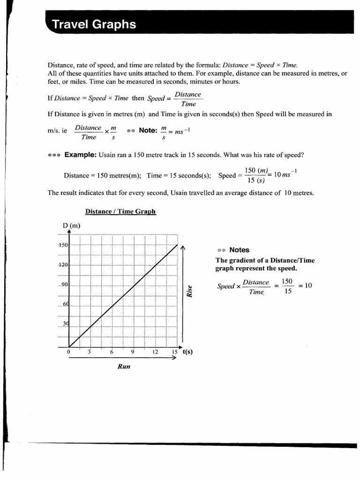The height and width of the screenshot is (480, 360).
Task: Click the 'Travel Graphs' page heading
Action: [x=94, y=24]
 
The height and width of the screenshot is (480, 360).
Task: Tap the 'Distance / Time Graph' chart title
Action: [x=120, y=211]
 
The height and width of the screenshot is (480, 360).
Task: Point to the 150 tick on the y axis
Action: [x=63, y=245]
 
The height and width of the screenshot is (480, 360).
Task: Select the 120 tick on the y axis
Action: [x=63, y=264]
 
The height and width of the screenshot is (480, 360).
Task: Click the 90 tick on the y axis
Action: [x=64, y=285]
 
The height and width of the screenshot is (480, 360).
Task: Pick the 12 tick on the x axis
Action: [x=155, y=352]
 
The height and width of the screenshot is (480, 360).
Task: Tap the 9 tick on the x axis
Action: [x=133, y=352]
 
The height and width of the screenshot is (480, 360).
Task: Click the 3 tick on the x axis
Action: [x=89, y=352]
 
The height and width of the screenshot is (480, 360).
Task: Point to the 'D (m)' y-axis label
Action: [x=71, y=226]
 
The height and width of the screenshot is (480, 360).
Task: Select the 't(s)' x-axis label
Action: [x=187, y=352]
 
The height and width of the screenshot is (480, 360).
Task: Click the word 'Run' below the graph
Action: [x=123, y=367]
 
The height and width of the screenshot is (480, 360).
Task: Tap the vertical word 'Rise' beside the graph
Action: [x=190, y=291]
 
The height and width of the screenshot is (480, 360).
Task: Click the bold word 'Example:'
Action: [x=80, y=155]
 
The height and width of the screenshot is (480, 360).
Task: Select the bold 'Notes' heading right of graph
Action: [x=239, y=250]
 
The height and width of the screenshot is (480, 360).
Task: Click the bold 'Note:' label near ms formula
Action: [x=148, y=130]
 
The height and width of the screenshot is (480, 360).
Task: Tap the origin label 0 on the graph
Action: [x=68, y=352]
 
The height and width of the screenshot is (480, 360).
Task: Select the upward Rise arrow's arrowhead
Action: [x=183, y=248]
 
